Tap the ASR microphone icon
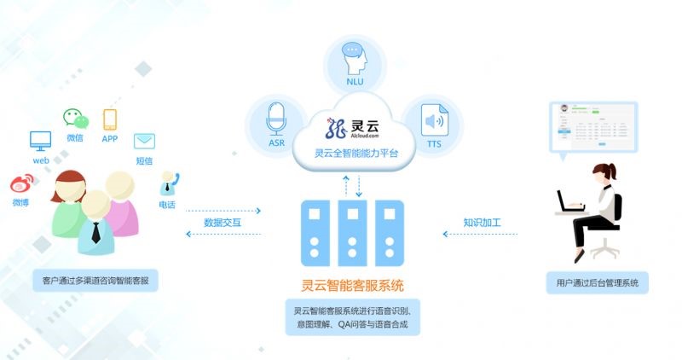click(x=276, y=119)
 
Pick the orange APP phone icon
click(x=110, y=119)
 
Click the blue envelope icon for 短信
click(x=144, y=141)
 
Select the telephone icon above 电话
click(x=167, y=182)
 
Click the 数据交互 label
click(x=223, y=223)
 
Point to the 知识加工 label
click(x=482, y=223)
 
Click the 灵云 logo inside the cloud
click(x=352, y=129)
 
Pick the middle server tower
click(x=352, y=231)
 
